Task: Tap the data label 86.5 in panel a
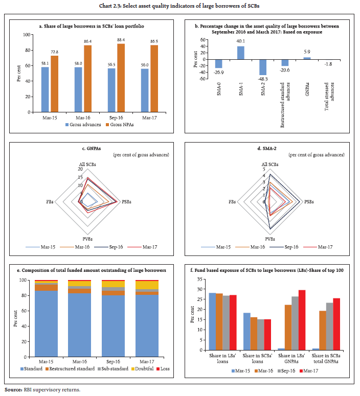point(154,40)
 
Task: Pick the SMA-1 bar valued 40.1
point(240,53)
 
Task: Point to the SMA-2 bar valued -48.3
point(262,67)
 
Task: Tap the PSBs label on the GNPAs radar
point(125,202)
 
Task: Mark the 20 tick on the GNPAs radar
point(79,169)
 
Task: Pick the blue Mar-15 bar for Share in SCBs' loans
point(246,331)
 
